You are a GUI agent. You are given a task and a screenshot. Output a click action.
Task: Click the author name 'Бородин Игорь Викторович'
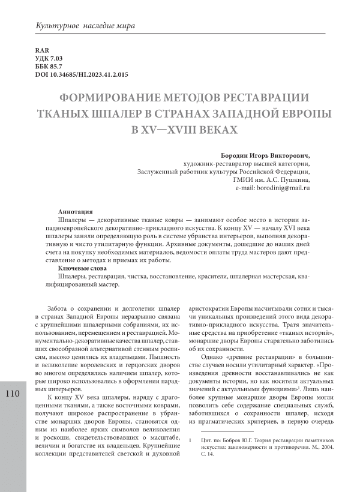tap(263, 154)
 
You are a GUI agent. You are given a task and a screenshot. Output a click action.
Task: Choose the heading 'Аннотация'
tap(74, 212)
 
